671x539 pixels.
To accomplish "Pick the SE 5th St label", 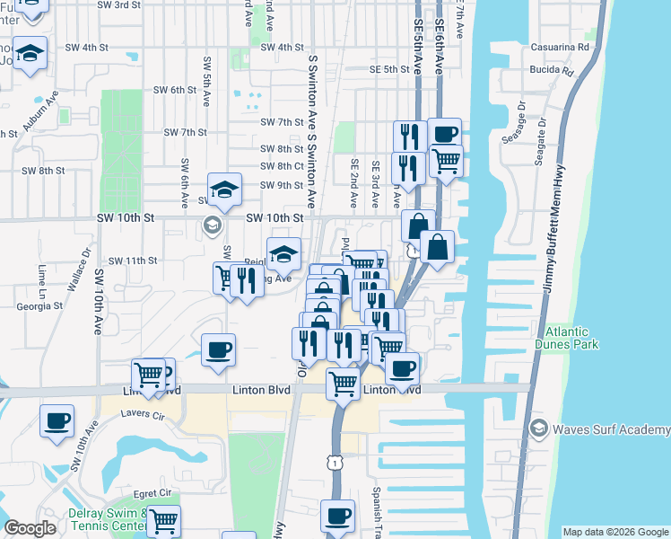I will point(389,68).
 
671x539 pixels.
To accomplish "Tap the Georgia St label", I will point(39,305).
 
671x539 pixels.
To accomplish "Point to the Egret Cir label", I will point(152,493).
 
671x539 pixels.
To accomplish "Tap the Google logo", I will point(31,528).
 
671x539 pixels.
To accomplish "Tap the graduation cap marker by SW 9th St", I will point(224,189).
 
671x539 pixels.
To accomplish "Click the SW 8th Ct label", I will point(282,166).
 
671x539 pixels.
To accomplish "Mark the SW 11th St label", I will point(133,261).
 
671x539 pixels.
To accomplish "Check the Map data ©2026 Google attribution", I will point(615,532).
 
